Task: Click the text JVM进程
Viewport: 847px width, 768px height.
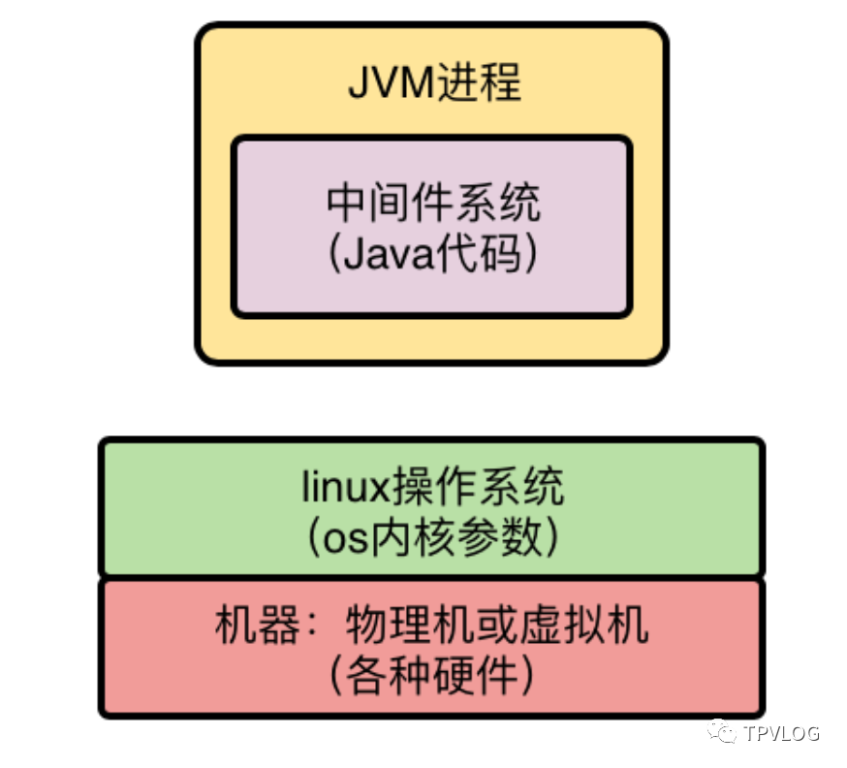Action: [433, 83]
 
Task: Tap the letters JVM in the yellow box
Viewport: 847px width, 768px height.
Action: [385, 84]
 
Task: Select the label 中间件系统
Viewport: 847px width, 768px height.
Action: [432, 204]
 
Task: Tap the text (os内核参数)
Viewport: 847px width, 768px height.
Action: [431, 538]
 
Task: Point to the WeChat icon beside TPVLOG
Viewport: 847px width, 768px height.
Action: [722, 731]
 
